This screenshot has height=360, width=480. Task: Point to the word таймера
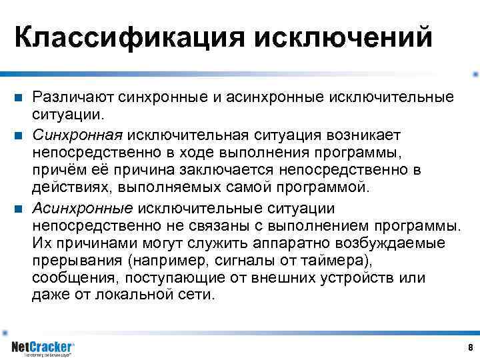(x=338, y=261)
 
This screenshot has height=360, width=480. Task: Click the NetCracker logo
(x=43, y=347)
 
